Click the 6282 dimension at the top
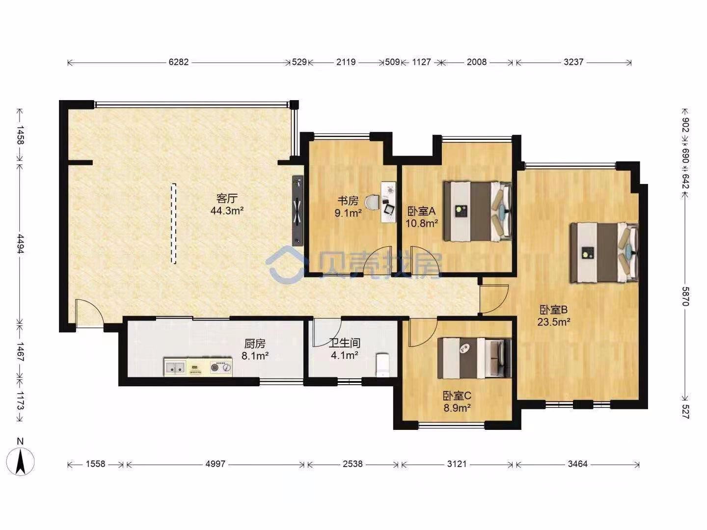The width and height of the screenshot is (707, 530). [x=178, y=62]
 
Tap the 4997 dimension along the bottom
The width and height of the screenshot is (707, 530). [x=215, y=464]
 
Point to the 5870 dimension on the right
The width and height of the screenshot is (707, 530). [x=685, y=297]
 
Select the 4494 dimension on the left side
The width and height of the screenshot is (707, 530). [x=20, y=244]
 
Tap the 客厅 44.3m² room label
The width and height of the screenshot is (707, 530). [x=227, y=204]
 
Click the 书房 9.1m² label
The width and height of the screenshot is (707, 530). [x=348, y=206]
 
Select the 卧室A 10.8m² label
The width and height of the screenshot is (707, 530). [x=421, y=217]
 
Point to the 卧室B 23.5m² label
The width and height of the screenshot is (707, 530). [x=554, y=316]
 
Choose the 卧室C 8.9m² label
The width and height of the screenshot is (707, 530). [x=457, y=401]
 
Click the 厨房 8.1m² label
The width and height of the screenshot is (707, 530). [x=255, y=349]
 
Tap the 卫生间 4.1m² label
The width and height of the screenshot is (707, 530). [x=345, y=349]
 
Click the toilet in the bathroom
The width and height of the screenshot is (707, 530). [x=382, y=365]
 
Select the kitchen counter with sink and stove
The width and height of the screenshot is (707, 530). [x=198, y=366]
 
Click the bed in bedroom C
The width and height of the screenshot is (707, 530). [x=474, y=358]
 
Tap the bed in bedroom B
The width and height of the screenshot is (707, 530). [x=604, y=253]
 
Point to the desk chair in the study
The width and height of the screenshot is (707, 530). [x=373, y=202]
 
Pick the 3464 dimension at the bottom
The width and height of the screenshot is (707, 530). [x=577, y=464]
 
